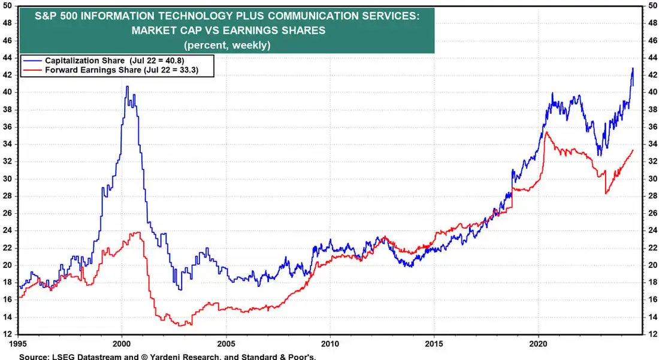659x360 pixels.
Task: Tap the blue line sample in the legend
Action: tap(33, 61)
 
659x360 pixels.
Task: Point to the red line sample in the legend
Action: tap(33, 71)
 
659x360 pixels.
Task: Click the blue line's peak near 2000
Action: tap(127, 86)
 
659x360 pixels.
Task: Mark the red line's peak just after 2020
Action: tap(546, 132)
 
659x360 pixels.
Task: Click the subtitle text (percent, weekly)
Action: tap(228, 45)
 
